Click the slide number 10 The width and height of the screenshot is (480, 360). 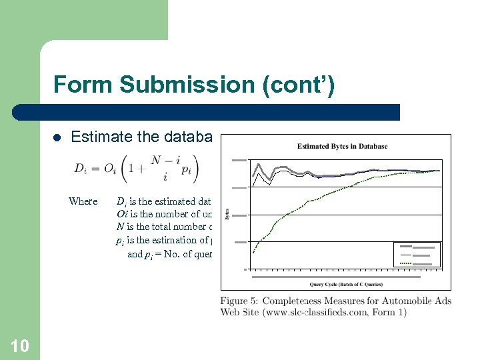pyautogui.click(x=20, y=345)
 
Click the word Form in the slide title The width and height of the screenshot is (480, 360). pyautogui.click(x=76, y=85)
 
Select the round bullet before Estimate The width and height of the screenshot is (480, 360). pyautogui.click(x=57, y=138)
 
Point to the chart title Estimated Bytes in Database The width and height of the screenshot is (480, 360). pyautogui.click(x=342, y=146)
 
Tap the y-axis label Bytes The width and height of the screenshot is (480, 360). pyautogui.click(x=227, y=215)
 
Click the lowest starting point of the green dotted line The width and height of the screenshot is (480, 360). pyautogui.click(x=254, y=252)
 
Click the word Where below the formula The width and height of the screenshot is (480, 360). pyautogui.click(x=83, y=201)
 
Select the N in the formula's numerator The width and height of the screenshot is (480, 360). pyautogui.click(x=155, y=161)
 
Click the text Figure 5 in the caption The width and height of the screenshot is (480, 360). pyautogui.click(x=243, y=301)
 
